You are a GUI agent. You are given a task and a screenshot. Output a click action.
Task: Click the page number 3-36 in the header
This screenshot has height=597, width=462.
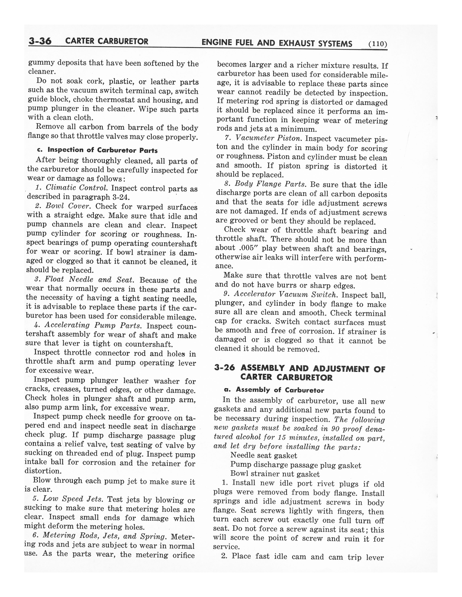point(40,41)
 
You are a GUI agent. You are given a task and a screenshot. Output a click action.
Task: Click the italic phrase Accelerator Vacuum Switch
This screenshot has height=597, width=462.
point(286,294)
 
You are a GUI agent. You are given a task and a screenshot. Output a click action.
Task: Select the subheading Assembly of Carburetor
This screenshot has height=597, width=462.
point(280,390)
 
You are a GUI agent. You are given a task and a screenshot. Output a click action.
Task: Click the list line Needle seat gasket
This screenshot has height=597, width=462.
point(264,455)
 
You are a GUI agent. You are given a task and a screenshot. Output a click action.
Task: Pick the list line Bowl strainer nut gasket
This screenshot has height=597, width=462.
point(275,474)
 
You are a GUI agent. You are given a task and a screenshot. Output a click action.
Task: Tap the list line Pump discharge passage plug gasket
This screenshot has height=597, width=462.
point(296,465)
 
